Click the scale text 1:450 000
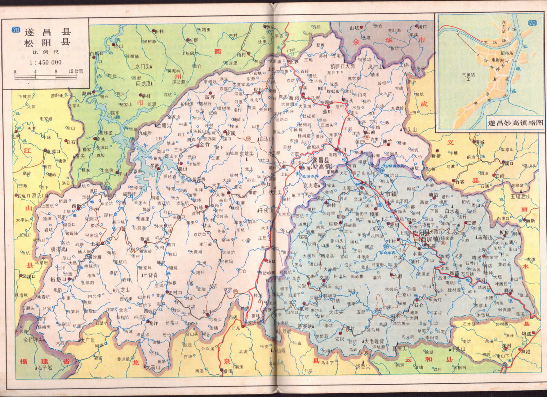click(46, 62)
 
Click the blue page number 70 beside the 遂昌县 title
click(16, 30)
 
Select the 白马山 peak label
click(266, 139)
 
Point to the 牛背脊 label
click(150, 275)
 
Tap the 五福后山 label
click(521, 196)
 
